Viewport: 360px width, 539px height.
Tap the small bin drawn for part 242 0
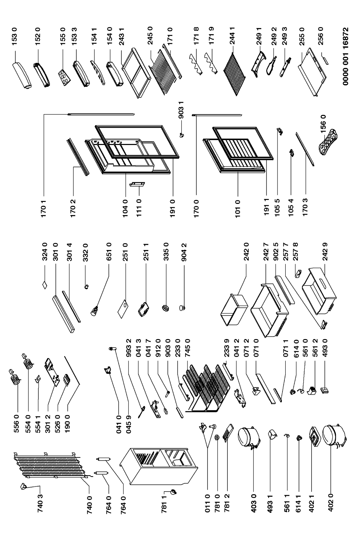pyautogui.click(x=234, y=309)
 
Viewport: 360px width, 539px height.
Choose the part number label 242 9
pyautogui.click(x=325, y=252)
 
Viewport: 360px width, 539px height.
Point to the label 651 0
pyautogui.click(x=109, y=252)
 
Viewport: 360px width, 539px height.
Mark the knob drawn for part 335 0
pyautogui.click(x=165, y=308)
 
